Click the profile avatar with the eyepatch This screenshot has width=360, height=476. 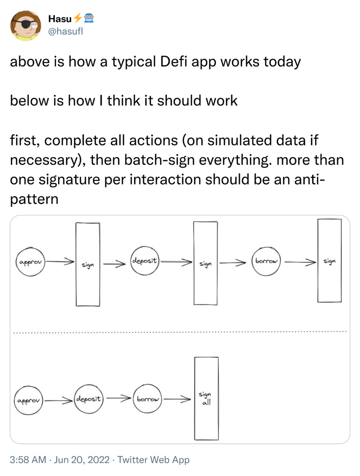pyautogui.click(x=26, y=26)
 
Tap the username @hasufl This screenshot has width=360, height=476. pyautogui.click(x=66, y=31)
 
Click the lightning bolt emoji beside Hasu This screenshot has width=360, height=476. pyautogui.click(x=78, y=18)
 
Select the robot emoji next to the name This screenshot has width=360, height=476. pyautogui.click(x=89, y=18)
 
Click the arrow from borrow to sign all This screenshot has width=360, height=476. pyautogui.click(x=177, y=399)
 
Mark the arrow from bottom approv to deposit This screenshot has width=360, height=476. pyautogui.click(x=59, y=400)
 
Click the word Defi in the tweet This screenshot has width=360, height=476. pyautogui.click(x=173, y=62)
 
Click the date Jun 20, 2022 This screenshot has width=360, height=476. pyautogui.click(x=81, y=460)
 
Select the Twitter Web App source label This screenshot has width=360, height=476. pyautogui.click(x=153, y=460)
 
